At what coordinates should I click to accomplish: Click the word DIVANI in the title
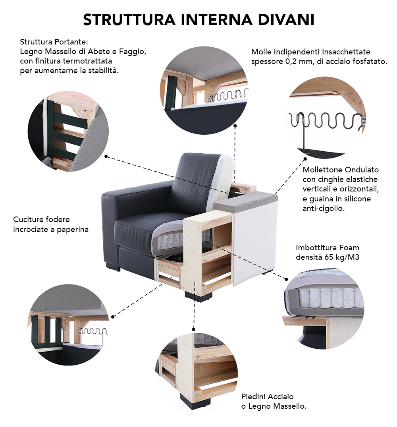point(286,19)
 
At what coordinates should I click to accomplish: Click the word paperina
point(73,230)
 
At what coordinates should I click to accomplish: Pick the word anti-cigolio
point(324,209)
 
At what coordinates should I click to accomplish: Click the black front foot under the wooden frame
point(198,297)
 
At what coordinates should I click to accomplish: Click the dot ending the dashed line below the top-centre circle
point(235,126)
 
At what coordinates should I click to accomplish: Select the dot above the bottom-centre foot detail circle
point(193,330)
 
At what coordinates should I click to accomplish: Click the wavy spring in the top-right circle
point(326,120)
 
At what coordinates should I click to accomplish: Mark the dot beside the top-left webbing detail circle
point(106,157)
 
